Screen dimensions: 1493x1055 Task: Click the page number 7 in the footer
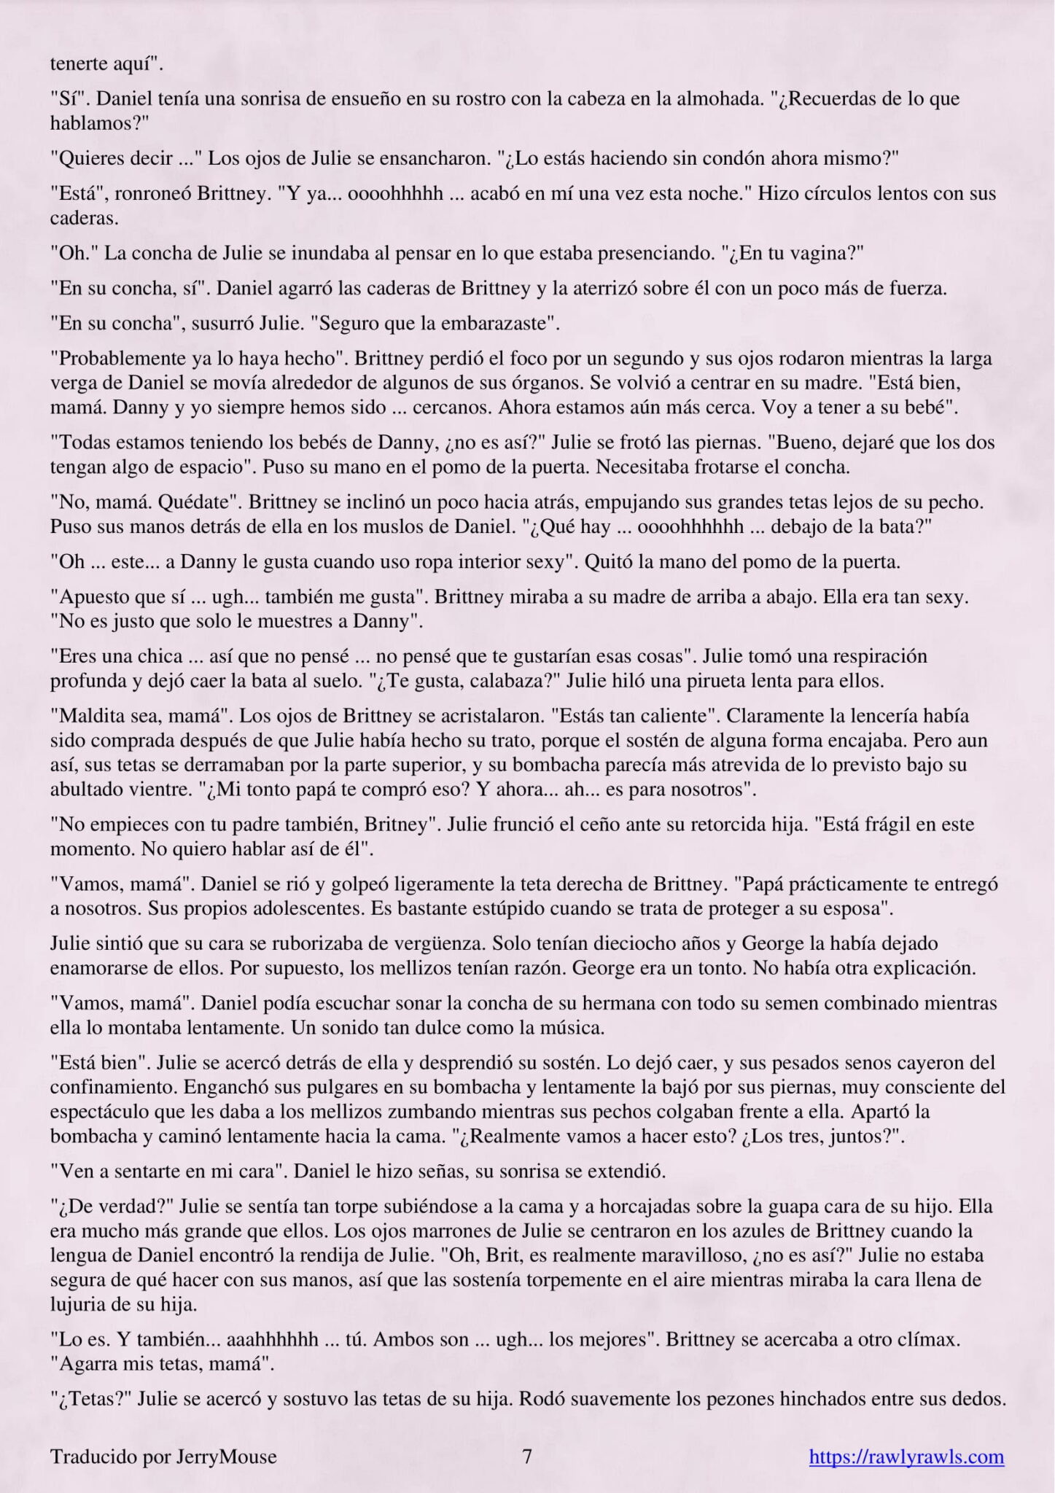527,1457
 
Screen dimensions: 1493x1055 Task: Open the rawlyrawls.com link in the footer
906,1457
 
